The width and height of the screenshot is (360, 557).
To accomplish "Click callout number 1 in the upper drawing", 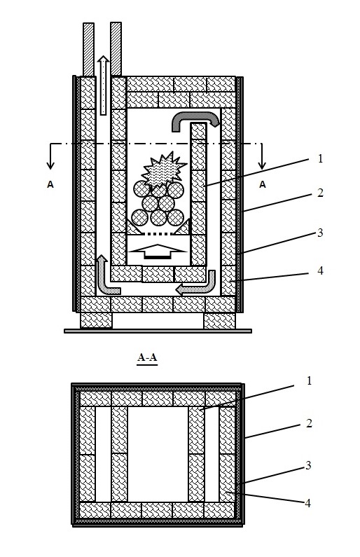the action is pyautogui.click(x=320, y=158).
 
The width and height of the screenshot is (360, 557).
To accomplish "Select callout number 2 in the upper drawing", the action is pyautogui.click(x=320, y=193).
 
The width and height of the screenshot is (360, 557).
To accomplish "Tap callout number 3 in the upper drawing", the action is pyautogui.click(x=320, y=233).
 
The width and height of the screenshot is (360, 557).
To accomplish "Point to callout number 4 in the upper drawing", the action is pyautogui.click(x=320, y=270).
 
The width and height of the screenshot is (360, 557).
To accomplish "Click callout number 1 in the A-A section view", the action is pyautogui.click(x=309, y=381).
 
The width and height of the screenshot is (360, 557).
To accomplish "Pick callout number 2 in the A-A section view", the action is pyautogui.click(x=309, y=423).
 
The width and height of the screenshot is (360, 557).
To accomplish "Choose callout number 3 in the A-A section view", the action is pyautogui.click(x=308, y=465).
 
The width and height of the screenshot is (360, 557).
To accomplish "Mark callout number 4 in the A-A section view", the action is pyautogui.click(x=307, y=503).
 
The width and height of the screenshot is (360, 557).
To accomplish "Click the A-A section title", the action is pyautogui.click(x=147, y=357).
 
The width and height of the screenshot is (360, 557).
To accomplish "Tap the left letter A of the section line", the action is pyautogui.click(x=50, y=184).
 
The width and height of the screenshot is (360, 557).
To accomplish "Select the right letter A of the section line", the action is pyautogui.click(x=263, y=184).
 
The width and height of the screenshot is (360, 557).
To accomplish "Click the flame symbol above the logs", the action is pyautogui.click(x=164, y=170).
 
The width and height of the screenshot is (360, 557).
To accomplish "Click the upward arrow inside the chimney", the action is pyautogui.click(x=104, y=85).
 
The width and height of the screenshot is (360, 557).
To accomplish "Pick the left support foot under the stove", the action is pyautogui.click(x=96, y=321).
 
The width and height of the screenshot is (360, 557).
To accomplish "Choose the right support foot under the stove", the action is pyautogui.click(x=219, y=321).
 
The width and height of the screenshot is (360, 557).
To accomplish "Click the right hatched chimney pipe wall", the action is pyautogui.click(x=116, y=49).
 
